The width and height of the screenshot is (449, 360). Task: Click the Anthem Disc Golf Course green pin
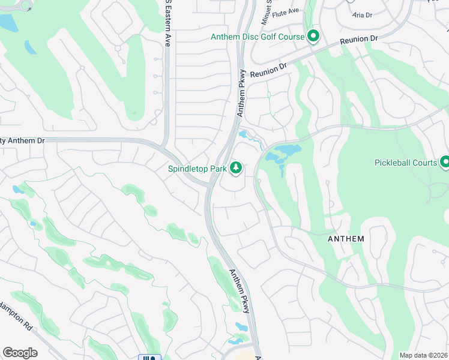click(x=313, y=37)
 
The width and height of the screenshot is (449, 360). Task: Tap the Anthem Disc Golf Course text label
click(x=258, y=37)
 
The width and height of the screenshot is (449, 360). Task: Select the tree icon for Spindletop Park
click(x=236, y=169)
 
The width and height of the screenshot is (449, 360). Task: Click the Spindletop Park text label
click(x=197, y=169)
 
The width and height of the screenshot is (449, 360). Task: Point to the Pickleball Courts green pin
click(x=445, y=162)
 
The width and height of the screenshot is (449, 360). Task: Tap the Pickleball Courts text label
click(x=406, y=163)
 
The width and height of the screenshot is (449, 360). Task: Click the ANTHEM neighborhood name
click(x=346, y=239)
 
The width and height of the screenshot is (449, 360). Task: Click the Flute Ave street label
click(x=286, y=11)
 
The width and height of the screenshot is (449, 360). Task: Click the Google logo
click(x=20, y=353)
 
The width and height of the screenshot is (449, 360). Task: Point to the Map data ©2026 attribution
click(x=423, y=355)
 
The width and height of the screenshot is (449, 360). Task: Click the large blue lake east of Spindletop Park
click(x=282, y=152)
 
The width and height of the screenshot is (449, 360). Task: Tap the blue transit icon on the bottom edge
click(x=149, y=358)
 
